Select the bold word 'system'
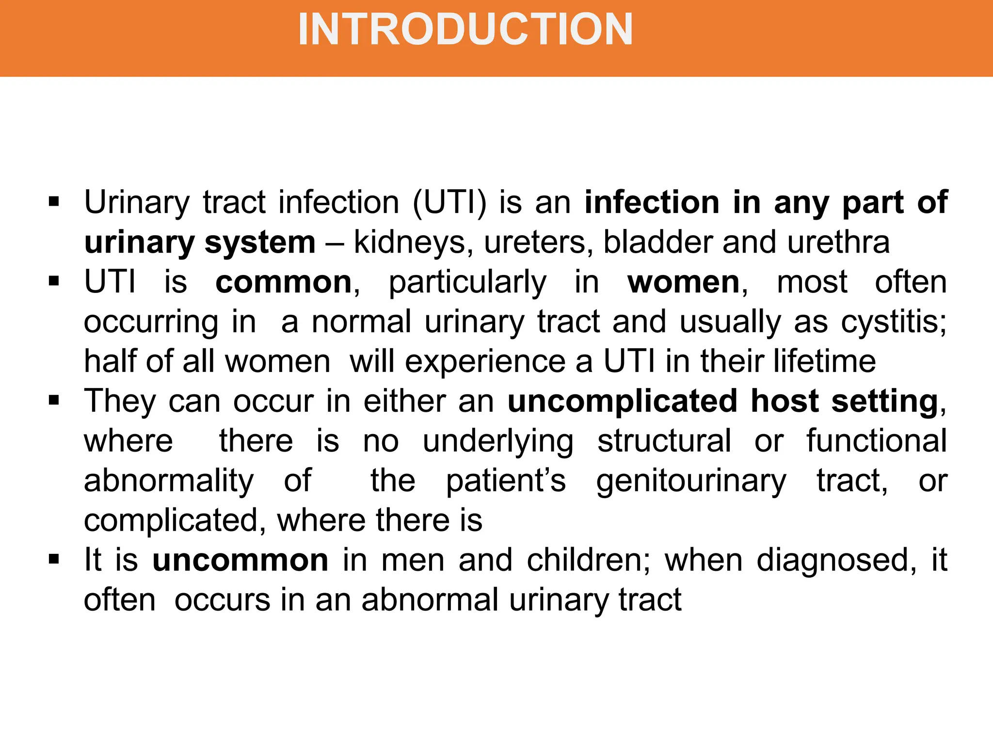coord(260,242)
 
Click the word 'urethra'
coord(838,242)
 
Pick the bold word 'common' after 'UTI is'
coord(284,282)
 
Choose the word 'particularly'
coord(467,283)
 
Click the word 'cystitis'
coord(893,322)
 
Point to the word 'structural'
coord(664,441)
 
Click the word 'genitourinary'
coord(691,481)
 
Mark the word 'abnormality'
coord(169,481)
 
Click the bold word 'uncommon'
coord(240,560)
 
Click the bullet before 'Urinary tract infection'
coord(54,201)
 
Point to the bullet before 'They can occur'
coord(54,401)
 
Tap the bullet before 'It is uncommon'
coord(54,559)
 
